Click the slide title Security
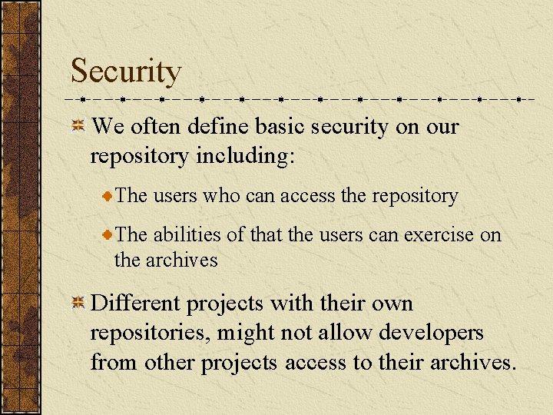click(126, 71)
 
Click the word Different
click(137, 304)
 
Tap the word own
click(392, 304)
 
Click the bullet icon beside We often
click(78, 127)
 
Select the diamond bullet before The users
click(109, 197)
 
